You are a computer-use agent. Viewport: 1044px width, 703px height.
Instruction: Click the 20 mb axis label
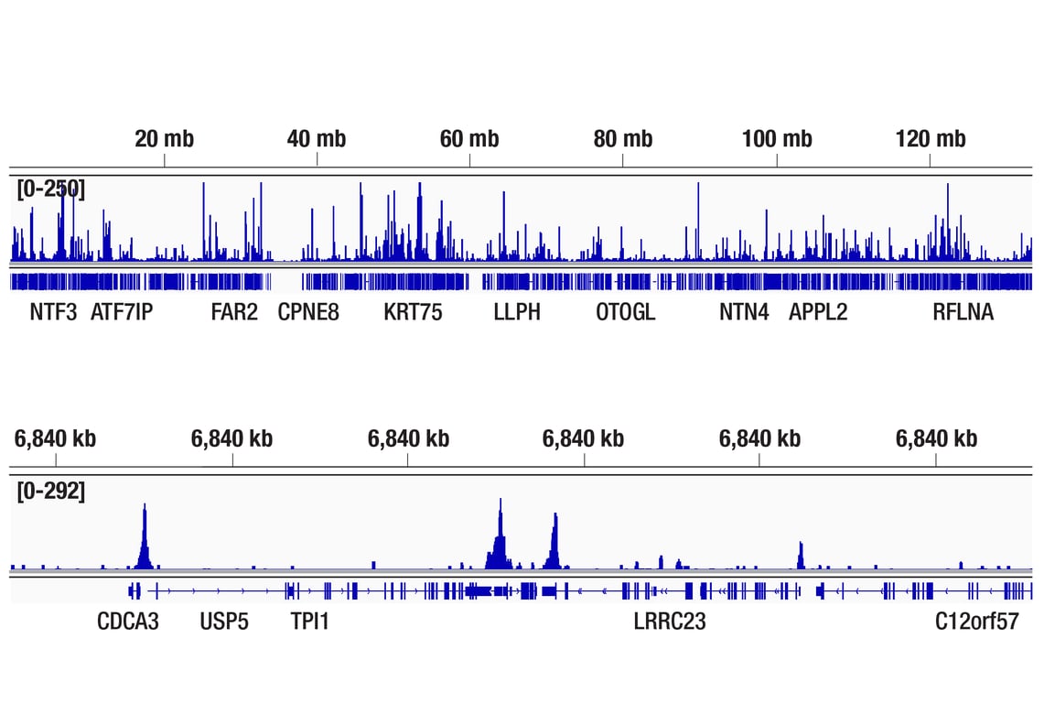(164, 139)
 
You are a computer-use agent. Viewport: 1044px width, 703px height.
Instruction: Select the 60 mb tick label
(469, 139)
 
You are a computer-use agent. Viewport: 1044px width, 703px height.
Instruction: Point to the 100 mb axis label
(777, 139)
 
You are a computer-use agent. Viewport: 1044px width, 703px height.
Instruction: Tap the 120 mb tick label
(931, 139)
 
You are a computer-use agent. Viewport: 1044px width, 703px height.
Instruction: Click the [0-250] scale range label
(51, 189)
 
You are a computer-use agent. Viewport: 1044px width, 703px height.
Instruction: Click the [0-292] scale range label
(51, 492)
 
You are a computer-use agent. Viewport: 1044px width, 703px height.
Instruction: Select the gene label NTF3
(53, 312)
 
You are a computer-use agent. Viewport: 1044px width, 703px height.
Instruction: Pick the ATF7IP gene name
(122, 312)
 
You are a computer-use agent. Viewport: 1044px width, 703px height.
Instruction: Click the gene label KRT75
(413, 312)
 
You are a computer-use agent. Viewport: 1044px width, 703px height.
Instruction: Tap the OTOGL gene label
(626, 312)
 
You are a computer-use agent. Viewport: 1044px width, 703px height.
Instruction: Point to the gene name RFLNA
(963, 312)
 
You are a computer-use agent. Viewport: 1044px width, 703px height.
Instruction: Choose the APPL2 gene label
(818, 312)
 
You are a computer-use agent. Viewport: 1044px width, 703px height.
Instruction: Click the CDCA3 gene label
(128, 622)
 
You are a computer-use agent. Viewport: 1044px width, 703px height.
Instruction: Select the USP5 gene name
(224, 622)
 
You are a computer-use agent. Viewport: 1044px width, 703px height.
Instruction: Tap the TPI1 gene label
(309, 622)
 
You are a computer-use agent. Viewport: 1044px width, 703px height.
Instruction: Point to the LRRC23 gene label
(670, 622)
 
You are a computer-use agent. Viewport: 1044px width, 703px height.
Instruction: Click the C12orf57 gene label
(976, 622)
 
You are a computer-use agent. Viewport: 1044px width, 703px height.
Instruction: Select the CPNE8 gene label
(308, 312)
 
